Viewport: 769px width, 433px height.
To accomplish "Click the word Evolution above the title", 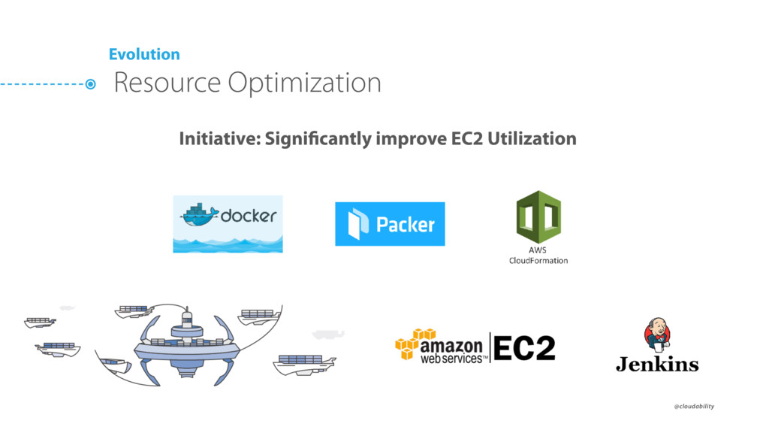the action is (144, 54).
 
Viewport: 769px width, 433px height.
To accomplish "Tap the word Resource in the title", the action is (167, 82).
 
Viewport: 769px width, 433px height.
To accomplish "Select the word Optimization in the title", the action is (304, 83).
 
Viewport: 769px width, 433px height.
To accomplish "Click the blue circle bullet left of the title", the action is (90, 84).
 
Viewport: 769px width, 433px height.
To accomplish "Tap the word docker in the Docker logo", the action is (249, 216).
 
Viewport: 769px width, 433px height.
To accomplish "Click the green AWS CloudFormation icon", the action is (538, 216).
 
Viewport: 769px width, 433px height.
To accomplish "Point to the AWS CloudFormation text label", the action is (538, 256).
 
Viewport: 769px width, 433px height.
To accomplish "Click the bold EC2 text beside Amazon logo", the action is (524, 348).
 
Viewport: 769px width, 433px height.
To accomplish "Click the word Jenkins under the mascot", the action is (657, 365).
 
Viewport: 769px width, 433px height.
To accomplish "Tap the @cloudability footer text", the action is (694, 406).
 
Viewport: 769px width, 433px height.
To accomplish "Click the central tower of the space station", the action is (186, 323).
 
